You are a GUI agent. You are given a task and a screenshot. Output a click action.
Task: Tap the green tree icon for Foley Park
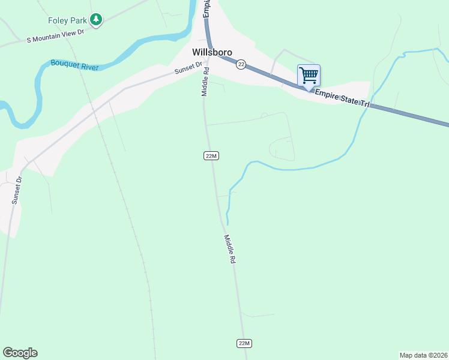coord(96,20)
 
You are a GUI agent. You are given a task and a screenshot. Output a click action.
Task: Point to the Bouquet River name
coord(74,65)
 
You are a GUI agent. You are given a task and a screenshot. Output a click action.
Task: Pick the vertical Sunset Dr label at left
coord(16,190)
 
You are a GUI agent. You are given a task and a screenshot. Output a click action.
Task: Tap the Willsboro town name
coord(212,52)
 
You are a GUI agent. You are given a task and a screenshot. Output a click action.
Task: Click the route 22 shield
coord(240,64)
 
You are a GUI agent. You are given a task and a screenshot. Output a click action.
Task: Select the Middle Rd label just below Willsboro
coord(205,82)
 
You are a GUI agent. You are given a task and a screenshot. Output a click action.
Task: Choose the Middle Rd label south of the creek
coord(229,250)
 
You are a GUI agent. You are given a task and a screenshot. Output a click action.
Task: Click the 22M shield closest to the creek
coord(210,156)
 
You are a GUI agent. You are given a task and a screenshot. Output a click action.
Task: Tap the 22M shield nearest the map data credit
coord(243,343)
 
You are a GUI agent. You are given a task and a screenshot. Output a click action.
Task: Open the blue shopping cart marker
coord(309,76)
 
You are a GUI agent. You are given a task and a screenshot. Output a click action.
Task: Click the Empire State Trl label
coord(342,100)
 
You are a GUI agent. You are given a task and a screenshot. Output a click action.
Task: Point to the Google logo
coord(20,353)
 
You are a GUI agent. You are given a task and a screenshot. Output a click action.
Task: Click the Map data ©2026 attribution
coord(424,355)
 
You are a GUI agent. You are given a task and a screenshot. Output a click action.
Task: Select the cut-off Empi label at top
coord(206,8)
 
